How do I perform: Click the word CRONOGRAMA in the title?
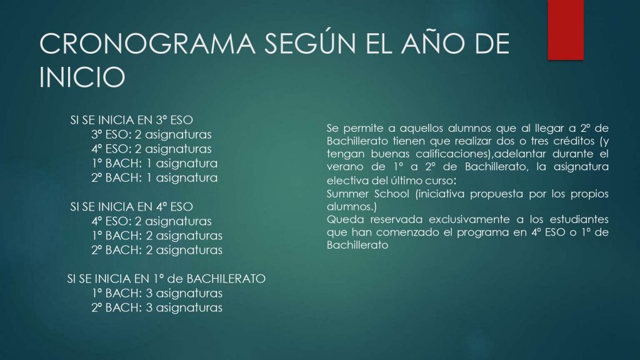coord(147,44)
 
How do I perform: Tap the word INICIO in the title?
coord(82,77)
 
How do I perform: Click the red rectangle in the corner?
coord(565,30)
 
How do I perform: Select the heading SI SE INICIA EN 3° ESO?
coord(131,120)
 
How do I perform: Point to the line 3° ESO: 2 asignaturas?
coord(151,134)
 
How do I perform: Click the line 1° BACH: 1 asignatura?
coord(154,163)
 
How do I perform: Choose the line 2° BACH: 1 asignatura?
coord(154,177)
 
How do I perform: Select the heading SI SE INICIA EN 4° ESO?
coord(131,206)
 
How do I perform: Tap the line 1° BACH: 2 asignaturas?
coord(157,236)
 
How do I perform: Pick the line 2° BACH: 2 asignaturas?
coord(157,250)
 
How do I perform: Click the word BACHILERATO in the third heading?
coord(226,279)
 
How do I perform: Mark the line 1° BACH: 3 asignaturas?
coord(157,293)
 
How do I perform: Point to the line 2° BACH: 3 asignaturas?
coord(157,307)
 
